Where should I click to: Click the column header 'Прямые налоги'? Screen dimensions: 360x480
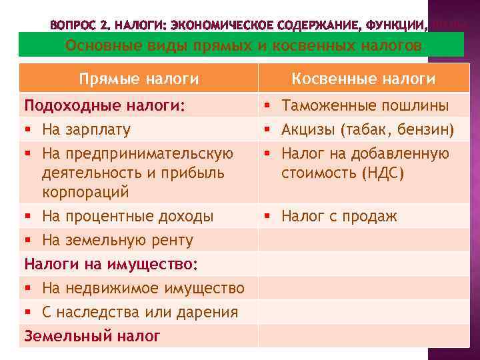click(139, 79)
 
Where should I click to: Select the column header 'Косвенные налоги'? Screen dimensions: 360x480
click(363, 79)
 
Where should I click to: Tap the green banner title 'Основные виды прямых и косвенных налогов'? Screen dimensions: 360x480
click(243, 45)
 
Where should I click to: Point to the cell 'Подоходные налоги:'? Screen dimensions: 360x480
click(105, 105)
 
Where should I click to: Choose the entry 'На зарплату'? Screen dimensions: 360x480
click(86, 129)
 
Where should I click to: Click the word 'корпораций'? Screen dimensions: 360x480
click(85, 192)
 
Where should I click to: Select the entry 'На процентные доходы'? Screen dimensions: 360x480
click(127, 216)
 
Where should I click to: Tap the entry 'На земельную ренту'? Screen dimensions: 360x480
click(117, 240)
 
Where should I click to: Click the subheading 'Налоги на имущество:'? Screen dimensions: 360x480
click(111, 264)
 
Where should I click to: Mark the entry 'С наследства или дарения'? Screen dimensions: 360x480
click(139, 312)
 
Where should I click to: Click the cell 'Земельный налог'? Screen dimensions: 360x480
click(92, 336)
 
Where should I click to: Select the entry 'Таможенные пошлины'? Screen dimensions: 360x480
click(365, 105)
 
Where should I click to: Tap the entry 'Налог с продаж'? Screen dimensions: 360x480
click(339, 216)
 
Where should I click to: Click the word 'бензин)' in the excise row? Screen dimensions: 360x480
click(426, 129)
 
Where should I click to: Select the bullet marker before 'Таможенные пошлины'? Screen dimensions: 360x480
click(266, 105)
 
